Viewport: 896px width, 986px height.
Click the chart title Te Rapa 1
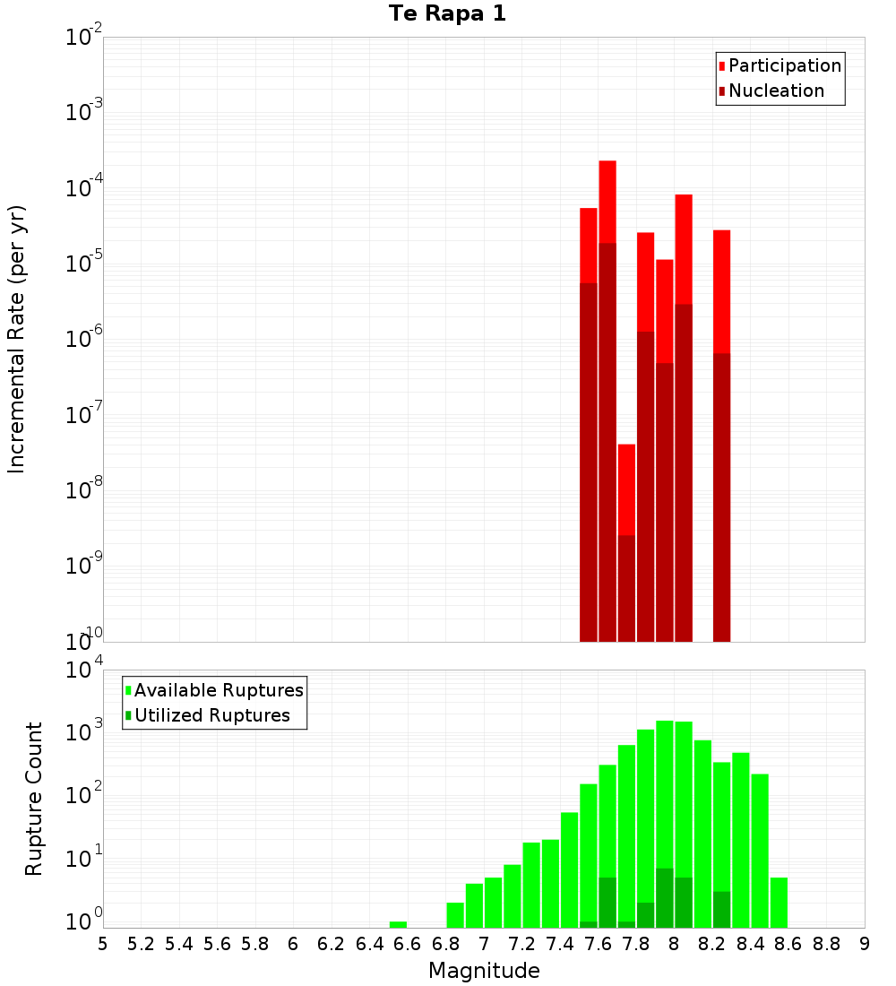tap(447, 14)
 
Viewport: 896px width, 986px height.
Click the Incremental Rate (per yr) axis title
tap(17, 339)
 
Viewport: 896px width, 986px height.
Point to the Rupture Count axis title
tap(34, 798)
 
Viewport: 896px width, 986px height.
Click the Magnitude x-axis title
tap(484, 971)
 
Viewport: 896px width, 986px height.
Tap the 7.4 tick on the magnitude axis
tap(560, 944)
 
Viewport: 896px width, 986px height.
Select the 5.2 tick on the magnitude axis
tap(141, 944)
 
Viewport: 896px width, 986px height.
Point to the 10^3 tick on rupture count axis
tap(84, 732)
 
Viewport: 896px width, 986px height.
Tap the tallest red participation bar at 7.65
tap(607, 201)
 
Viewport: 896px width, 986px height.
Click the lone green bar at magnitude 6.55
tap(398, 924)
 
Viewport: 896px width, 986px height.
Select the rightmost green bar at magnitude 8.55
tap(779, 902)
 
